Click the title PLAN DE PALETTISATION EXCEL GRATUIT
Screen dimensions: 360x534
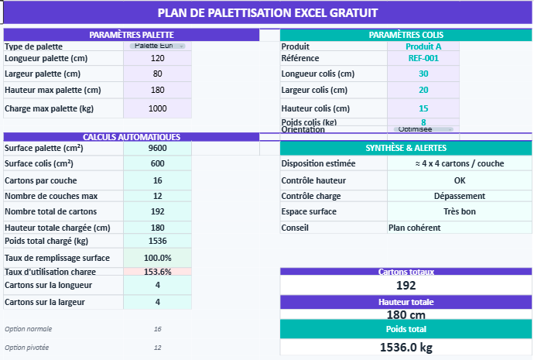[267, 12]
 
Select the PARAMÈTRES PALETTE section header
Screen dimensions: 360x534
[131, 35]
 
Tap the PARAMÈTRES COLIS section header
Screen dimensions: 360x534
[406, 35]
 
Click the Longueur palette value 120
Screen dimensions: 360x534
[158, 58]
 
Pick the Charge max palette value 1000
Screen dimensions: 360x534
[158, 108]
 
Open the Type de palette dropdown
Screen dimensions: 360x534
[158, 46]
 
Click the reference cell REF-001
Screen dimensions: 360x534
[423, 58]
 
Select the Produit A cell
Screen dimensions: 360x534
[423, 46]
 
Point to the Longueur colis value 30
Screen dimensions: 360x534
[423, 74]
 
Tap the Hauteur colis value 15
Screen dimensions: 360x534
[423, 108]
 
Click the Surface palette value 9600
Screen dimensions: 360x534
[158, 148]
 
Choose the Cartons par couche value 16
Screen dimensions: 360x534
[158, 180]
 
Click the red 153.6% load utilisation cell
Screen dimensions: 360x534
[158, 272]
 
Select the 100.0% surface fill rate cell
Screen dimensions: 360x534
[158, 257]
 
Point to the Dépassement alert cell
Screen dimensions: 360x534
[460, 196]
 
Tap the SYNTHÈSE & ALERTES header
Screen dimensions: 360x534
[406, 148]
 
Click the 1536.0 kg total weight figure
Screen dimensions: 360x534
[406, 348]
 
